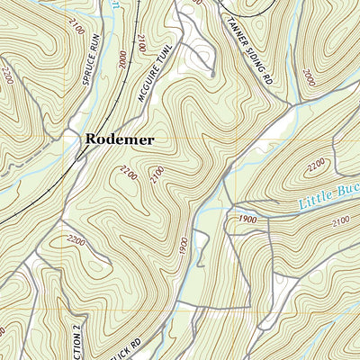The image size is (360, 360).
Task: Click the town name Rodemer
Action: pyautogui.click(x=119, y=139)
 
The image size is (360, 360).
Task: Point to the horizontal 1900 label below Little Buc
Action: pyautogui.click(x=247, y=219)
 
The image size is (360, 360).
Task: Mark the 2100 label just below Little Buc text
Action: pyautogui.click(x=339, y=222)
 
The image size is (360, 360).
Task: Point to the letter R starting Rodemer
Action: pyautogui.click(x=92, y=139)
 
